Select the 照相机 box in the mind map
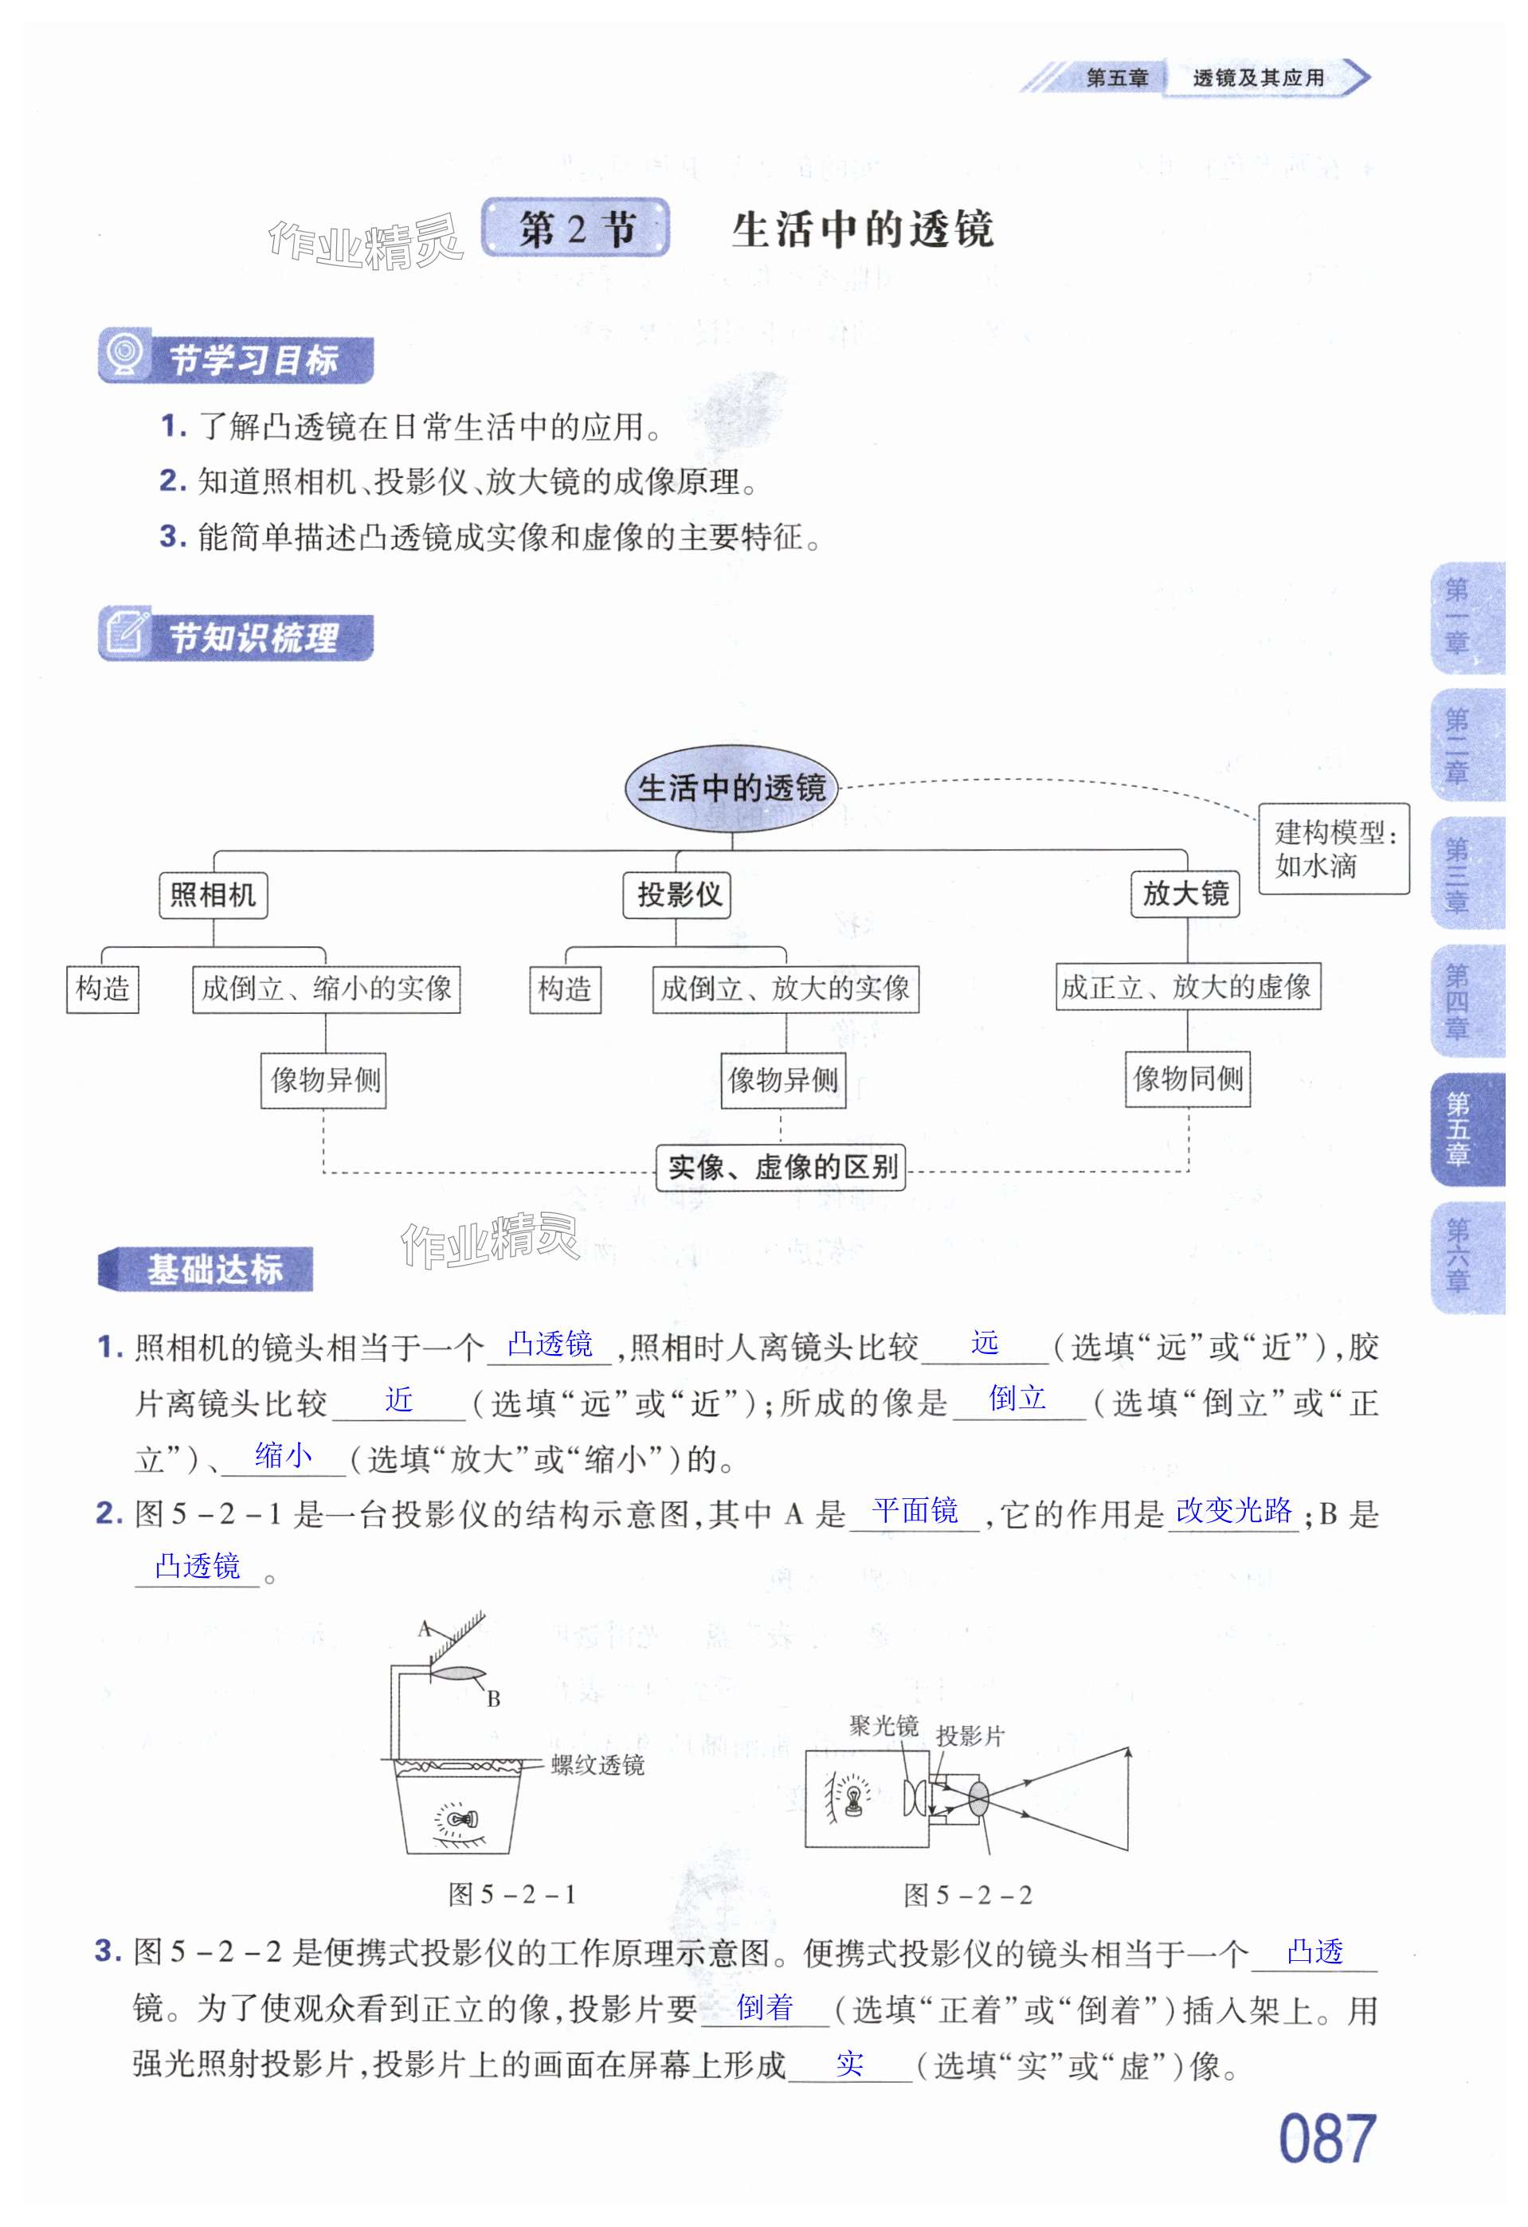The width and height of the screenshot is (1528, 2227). [x=213, y=895]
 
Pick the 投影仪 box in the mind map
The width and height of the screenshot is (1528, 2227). [x=679, y=895]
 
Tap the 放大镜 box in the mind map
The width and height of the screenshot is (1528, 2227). [x=1185, y=894]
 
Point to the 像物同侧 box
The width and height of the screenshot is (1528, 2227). [x=1188, y=1079]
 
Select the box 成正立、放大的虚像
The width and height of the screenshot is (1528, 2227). [x=1187, y=987]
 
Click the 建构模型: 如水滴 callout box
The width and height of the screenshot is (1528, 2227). [x=1334, y=849]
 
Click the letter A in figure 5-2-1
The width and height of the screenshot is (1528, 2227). [x=425, y=1628]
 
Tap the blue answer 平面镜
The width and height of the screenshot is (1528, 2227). [x=915, y=1511]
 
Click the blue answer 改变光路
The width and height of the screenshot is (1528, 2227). [x=1234, y=1510]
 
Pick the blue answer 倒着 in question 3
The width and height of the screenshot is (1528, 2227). [x=764, y=2006]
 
